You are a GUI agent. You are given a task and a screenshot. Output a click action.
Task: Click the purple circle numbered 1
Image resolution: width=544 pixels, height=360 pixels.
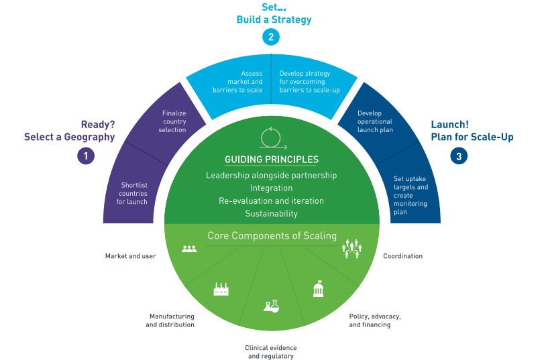pyautogui.click(x=85, y=156)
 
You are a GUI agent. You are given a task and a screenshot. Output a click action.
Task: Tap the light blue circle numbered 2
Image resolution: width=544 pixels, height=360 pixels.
pyautogui.click(x=271, y=38)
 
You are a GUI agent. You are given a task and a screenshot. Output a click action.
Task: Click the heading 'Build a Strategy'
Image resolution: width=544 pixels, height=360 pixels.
pyautogui.click(x=274, y=20)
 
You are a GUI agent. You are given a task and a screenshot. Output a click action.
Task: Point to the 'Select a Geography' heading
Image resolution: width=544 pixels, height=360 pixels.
pyautogui.click(x=70, y=137)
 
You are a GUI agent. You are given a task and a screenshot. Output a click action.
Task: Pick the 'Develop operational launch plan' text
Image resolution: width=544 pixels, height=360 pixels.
pyautogui.click(x=375, y=121)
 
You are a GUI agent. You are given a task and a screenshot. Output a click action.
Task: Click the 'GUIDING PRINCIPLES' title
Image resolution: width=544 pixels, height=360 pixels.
pyautogui.click(x=271, y=160)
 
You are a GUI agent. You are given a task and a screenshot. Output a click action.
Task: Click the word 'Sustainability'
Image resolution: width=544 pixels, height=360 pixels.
pyautogui.click(x=271, y=213)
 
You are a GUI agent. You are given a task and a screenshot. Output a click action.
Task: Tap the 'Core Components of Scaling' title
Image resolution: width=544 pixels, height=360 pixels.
pyautogui.click(x=271, y=236)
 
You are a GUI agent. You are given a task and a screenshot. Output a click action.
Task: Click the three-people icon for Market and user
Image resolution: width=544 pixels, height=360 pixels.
pyautogui.click(x=189, y=248)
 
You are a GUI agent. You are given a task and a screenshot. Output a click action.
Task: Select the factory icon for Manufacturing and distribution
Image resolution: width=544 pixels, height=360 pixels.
pyautogui.click(x=221, y=290)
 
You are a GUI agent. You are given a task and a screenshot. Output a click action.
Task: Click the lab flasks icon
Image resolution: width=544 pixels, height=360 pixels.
pyautogui.click(x=271, y=306)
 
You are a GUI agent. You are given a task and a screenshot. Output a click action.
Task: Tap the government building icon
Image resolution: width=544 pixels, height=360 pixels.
pyautogui.click(x=318, y=290)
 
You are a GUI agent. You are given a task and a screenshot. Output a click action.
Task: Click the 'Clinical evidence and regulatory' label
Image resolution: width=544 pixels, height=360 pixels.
pyautogui.click(x=271, y=352)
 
